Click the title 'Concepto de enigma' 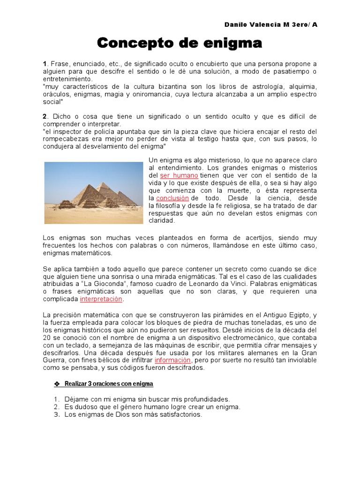179,44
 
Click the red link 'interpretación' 101,299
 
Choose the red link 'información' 172,360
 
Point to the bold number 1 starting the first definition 45,64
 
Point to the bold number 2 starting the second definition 45,116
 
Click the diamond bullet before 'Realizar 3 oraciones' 57,384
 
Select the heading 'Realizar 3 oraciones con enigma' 109,384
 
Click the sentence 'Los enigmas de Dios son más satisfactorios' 133,414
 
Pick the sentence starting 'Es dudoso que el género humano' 152,407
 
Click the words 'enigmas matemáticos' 77,253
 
